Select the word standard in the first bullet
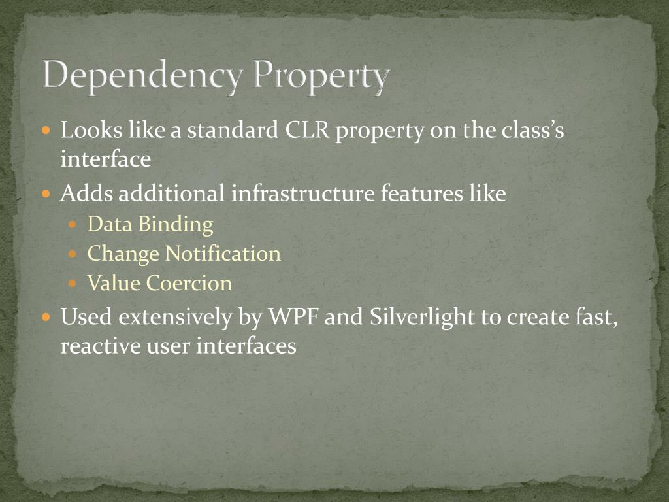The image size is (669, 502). (x=232, y=131)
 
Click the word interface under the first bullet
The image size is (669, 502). (x=106, y=159)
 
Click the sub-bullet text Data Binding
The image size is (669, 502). (x=150, y=224)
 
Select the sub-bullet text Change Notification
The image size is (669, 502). (x=184, y=254)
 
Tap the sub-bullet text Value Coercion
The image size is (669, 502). (x=159, y=283)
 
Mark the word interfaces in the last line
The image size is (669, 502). (x=246, y=346)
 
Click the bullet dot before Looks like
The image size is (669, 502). (x=46, y=131)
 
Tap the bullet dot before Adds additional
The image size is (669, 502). (x=46, y=194)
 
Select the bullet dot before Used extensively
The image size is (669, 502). (x=46, y=318)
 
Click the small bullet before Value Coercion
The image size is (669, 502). (x=74, y=284)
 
